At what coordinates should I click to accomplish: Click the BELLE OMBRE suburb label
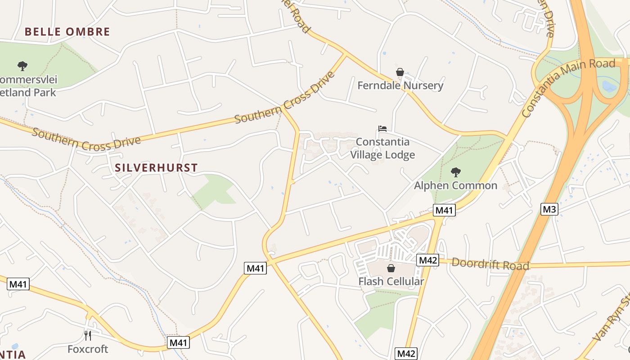click(x=67, y=31)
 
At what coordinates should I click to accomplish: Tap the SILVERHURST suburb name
click(x=156, y=168)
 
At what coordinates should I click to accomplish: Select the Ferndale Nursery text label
click(x=400, y=85)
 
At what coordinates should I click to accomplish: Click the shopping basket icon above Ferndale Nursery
click(x=400, y=72)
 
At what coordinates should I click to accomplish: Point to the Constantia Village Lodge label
click(x=382, y=148)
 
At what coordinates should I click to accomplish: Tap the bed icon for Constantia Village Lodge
click(x=382, y=129)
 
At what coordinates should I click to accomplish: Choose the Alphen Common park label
click(x=455, y=185)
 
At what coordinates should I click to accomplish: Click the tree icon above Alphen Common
click(x=455, y=172)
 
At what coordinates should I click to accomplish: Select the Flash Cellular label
click(x=391, y=282)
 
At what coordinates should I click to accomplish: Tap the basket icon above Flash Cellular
click(x=391, y=268)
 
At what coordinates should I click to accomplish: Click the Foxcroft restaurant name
click(x=88, y=349)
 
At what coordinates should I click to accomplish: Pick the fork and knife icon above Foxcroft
click(x=88, y=335)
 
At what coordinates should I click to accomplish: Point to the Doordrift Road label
click(x=490, y=264)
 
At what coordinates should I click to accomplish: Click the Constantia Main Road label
click(x=568, y=88)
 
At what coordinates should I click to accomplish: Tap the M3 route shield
click(x=549, y=209)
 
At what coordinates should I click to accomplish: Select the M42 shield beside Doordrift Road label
click(x=427, y=260)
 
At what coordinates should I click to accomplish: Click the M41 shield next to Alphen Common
click(x=445, y=210)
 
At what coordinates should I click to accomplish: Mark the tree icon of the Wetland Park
click(x=22, y=66)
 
